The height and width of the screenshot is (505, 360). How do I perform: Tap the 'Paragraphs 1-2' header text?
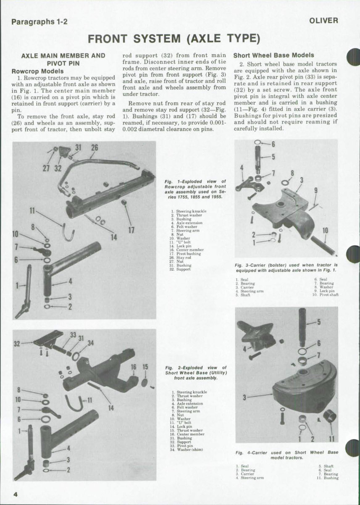pyautogui.click(x=39, y=22)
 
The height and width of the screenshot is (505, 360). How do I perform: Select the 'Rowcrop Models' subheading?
pyautogui.click(x=37, y=71)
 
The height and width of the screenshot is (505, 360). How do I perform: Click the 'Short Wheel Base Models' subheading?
pyautogui.click(x=273, y=55)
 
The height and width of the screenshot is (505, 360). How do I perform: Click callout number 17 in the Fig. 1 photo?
pyautogui.click(x=131, y=230)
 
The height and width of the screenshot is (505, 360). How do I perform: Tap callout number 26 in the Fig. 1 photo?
pyautogui.click(x=95, y=147)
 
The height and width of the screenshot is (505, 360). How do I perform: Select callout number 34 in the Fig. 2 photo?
pyautogui.click(x=90, y=342)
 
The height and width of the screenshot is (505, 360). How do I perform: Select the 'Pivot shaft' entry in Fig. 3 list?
pyautogui.click(x=329, y=295)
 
